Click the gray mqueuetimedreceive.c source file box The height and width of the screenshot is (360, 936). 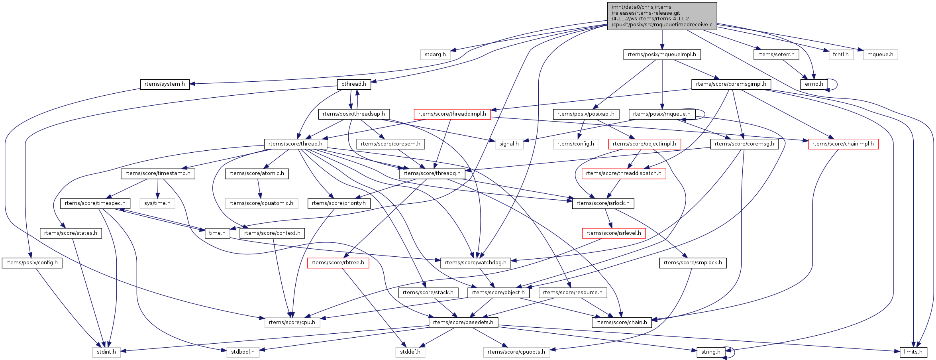coord(662,16)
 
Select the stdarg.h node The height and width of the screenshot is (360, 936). coord(435,54)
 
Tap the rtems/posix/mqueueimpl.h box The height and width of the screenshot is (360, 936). coord(662,54)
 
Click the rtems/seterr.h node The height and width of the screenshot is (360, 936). coord(776,54)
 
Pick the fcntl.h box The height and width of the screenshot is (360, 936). coord(841,54)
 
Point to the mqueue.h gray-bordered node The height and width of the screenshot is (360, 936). coord(880,54)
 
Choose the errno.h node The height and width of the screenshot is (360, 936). coord(814,84)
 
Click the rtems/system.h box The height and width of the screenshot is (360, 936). coord(165,84)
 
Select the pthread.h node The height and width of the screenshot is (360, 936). coord(354,84)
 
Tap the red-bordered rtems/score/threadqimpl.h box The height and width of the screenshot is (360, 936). coord(452,114)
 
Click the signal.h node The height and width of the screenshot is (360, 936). coord(509,144)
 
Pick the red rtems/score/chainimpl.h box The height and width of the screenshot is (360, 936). coord(843,144)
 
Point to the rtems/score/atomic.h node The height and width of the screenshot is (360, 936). coord(257,173)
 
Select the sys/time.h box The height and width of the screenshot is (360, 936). coord(157,203)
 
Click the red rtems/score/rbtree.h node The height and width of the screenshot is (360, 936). coord(338,263)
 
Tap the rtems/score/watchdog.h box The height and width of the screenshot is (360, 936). coord(475,263)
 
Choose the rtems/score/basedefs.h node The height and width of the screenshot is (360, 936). coord(463,322)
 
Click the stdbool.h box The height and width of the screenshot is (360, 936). coord(243,352)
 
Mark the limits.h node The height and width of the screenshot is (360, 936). coord(913,352)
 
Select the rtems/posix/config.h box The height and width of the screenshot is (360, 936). coord(32,263)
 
